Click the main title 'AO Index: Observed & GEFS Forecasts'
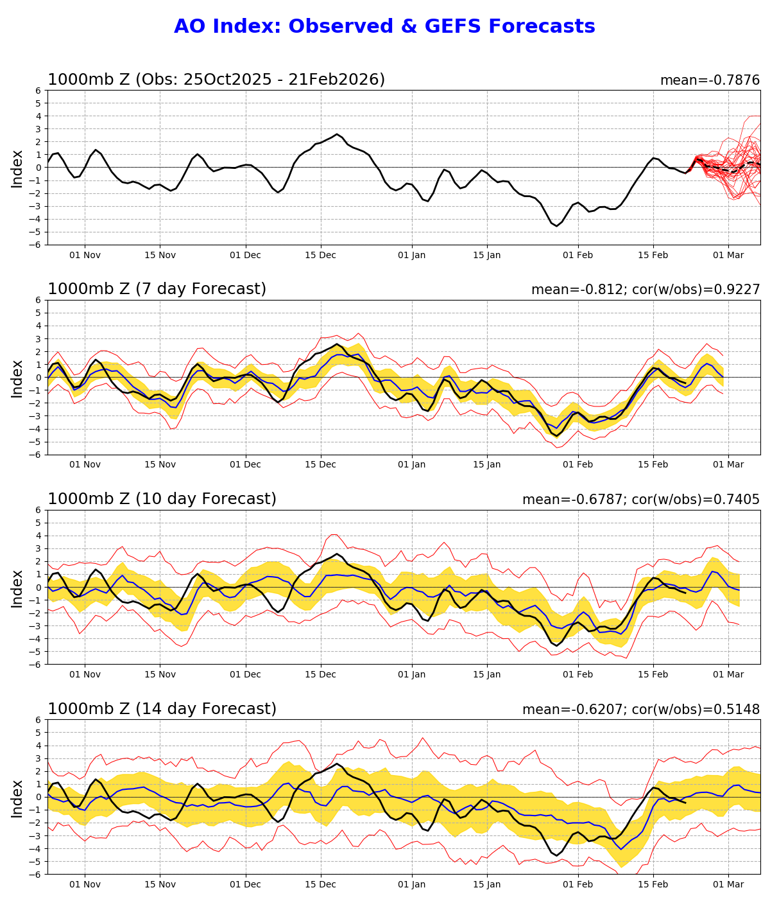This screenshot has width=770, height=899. click(384, 26)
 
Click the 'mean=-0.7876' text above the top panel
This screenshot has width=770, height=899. click(710, 80)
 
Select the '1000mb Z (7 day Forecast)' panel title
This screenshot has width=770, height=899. click(157, 289)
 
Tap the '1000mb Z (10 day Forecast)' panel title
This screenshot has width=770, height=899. click(162, 499)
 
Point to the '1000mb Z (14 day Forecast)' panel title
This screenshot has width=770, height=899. click(162, 709)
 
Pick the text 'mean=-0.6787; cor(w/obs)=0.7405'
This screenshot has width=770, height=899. click(640, 500)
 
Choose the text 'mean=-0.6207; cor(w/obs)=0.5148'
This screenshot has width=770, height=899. click(640, 710)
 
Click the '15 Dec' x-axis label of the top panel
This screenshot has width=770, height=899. click(320, 255)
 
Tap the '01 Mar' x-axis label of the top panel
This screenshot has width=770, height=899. click(728, 255)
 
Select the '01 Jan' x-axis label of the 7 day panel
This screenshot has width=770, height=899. click(411, 465)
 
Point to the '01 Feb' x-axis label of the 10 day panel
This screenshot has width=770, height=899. click(577, 675)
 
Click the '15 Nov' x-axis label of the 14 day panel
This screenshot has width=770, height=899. click(160, 885)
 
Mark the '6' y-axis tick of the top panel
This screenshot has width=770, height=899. click(39, 91)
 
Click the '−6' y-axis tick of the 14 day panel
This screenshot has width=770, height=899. click(37, 875)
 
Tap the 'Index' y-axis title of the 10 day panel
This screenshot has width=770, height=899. click(17, 588)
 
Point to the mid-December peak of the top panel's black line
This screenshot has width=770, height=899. click(337, 134)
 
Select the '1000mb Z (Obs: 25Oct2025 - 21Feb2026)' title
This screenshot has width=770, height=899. click(216, 80)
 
